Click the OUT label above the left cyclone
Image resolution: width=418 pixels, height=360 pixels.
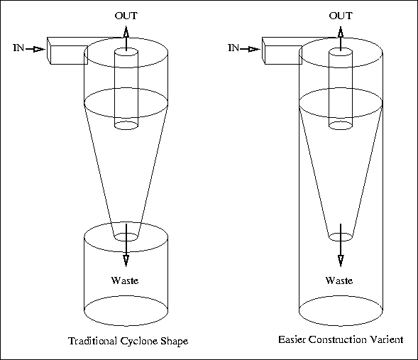click(126, 16)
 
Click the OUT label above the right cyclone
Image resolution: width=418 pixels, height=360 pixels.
click(341, 16)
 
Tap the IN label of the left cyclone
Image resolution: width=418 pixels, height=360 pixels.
click(18, 48)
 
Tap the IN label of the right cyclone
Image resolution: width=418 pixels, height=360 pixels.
click(233, 48)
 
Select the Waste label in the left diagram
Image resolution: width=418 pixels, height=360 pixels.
click(125, 280)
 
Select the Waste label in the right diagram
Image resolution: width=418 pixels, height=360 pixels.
click(339, 280)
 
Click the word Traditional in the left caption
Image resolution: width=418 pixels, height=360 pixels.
click(93, 341)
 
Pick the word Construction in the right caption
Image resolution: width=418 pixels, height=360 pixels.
click(338, 339)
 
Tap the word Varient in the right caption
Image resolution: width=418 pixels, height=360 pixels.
click(387, 339)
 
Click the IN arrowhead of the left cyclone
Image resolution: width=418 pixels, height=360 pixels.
click(40, 49)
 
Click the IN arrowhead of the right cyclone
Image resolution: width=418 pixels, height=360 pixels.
click(254, 49)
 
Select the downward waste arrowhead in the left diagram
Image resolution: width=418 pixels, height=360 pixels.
click(126, 261)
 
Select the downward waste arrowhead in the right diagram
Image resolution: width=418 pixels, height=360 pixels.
click(341, 261)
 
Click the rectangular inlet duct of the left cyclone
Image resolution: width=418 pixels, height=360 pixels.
click(69, 55)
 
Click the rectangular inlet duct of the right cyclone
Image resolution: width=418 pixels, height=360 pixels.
click(283, 55)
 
